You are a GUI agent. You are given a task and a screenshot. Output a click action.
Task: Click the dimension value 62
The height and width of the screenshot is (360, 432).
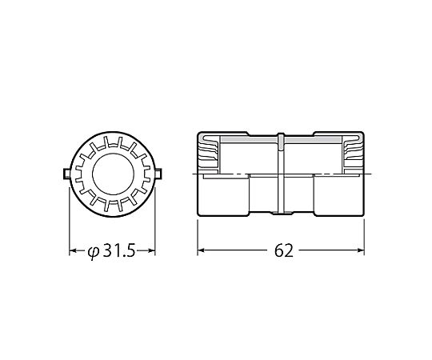click(284, 250)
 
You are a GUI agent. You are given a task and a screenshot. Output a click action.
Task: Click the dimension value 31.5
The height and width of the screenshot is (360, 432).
click(119, 250)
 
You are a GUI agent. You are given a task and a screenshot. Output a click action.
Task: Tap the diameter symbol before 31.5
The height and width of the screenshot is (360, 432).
click(93, 251)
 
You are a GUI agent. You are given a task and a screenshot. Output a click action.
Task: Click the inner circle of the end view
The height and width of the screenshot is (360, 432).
click(114, 174)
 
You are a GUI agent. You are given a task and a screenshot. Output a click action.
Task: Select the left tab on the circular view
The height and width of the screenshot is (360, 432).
click(66, 174)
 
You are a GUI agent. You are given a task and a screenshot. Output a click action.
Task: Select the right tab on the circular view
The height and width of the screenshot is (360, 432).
click(158, 174)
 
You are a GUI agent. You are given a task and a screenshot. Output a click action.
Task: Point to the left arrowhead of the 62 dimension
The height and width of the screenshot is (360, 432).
click(201, 250)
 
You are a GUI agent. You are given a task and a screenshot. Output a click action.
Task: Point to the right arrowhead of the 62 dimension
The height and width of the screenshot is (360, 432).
click(361, 250)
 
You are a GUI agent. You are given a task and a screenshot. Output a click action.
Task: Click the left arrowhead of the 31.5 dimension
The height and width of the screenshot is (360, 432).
click(73, 250)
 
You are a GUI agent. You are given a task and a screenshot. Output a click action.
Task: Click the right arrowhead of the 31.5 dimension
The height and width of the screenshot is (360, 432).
click(152, 250)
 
